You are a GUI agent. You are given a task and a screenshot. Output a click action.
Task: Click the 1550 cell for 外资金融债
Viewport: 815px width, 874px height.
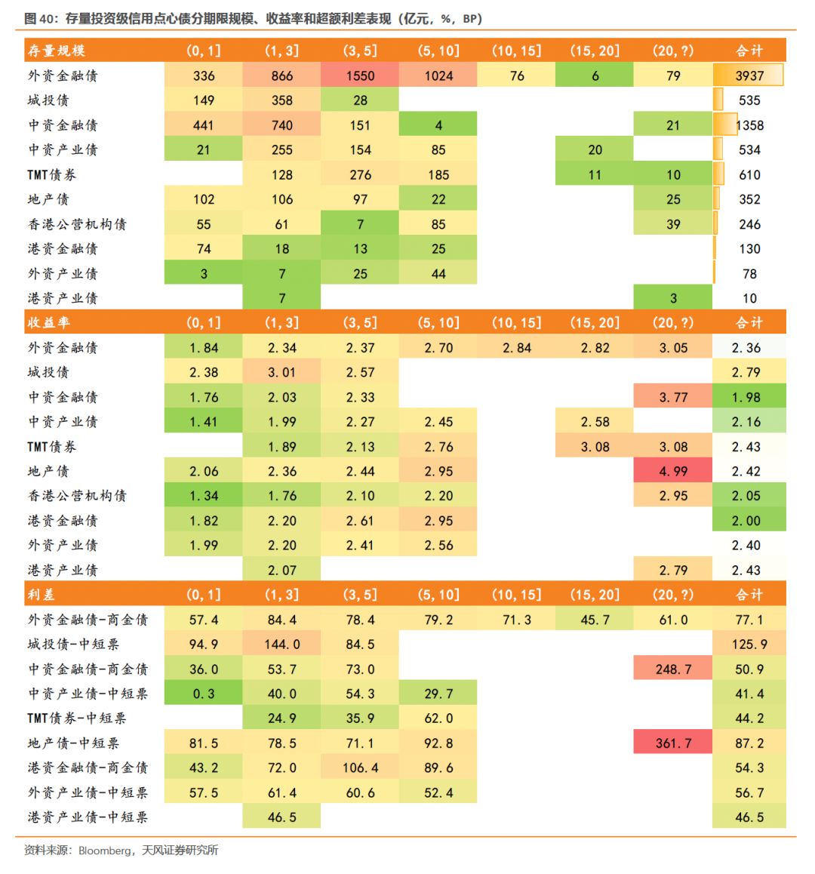tap(359, 75)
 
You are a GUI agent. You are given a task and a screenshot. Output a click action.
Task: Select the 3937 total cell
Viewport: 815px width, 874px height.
tap(749, 75)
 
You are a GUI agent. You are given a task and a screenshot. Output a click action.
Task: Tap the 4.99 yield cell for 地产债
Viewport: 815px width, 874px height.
tap(673, 470)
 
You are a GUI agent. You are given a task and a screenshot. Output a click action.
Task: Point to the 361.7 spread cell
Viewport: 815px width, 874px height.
tap(673, 743)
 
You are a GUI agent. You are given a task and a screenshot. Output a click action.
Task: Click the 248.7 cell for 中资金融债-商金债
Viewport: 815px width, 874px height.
tap(673, 668)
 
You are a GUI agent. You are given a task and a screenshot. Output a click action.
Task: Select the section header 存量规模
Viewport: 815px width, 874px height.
tap(57, 51)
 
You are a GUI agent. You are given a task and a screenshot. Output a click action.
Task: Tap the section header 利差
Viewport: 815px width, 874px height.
tap(42, 594)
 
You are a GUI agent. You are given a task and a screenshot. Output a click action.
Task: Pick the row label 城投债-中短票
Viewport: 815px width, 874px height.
tap(74, 644)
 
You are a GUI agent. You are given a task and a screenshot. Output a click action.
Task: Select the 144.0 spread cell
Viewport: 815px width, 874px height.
tap(281, 644)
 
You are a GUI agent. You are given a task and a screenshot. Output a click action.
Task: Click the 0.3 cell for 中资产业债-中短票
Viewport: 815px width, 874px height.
tap(204, 693)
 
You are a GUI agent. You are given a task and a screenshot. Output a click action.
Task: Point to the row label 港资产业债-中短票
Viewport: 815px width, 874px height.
tap(88, 817)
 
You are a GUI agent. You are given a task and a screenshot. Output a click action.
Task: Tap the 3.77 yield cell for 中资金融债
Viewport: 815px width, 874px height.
tap(673, 397)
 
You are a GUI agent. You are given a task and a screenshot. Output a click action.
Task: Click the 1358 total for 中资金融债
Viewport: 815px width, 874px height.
tap(750, 125)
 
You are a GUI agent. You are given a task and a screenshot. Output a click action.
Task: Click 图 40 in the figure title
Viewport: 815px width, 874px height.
tap(39, 18)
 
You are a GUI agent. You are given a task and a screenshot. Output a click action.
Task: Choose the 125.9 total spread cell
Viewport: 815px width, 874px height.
tap(749, 644)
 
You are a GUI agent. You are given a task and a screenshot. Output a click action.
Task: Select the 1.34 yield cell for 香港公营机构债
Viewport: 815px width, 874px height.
tap(204, 495)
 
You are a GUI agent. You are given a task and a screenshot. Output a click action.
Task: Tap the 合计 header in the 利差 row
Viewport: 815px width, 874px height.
tap(749, 594)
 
